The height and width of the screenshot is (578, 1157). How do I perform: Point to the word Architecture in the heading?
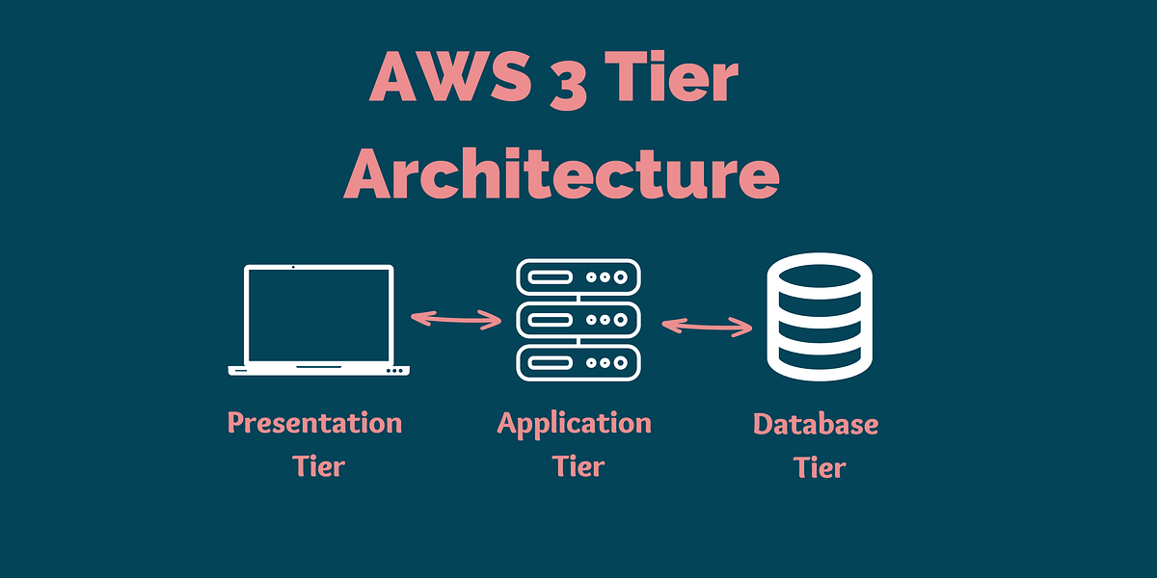coord(562,174)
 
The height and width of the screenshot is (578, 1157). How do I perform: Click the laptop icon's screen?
coord(319,314)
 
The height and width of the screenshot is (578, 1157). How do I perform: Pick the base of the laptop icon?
coord(319,369)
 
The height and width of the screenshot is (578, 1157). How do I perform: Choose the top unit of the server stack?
coord(578,276)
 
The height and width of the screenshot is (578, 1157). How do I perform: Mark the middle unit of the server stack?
coord(578,319)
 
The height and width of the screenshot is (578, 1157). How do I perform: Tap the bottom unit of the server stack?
coord(578,362)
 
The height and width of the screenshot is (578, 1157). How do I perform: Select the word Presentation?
coord(314,424)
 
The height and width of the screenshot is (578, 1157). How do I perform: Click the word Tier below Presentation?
coord(319,467)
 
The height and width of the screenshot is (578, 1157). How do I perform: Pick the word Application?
coord(575,424)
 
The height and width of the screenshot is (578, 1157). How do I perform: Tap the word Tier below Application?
coord(578,467)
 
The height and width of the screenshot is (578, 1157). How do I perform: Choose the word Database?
coord(816,424)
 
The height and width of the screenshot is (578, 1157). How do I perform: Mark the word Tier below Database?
coord(820,468)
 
